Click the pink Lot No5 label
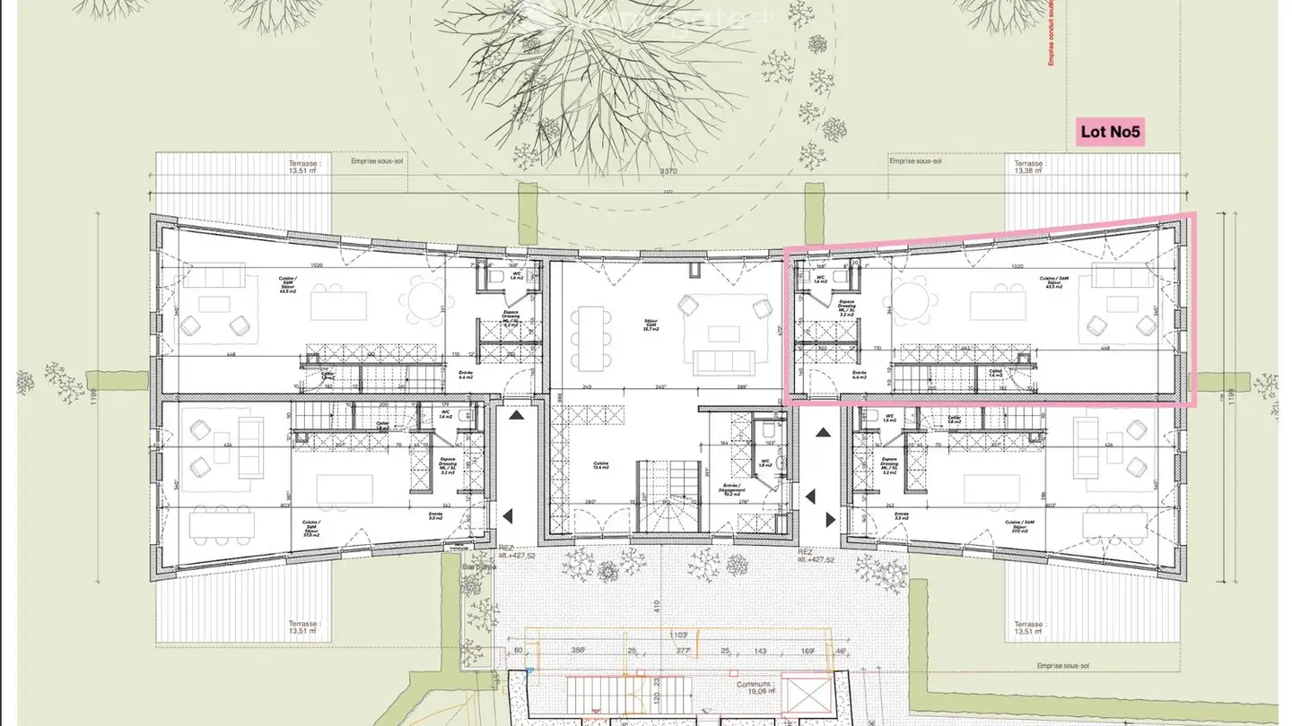tap(1110, 133)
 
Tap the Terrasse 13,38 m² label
tap(1029, 168)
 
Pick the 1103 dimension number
tap(679, 635)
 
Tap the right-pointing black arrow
tap(830, 519)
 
